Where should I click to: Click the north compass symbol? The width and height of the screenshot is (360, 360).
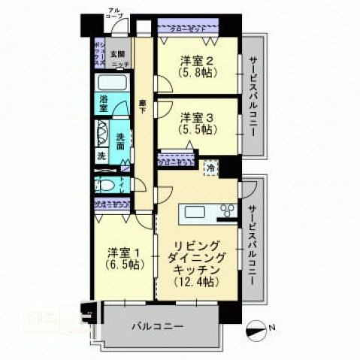pos(256,328)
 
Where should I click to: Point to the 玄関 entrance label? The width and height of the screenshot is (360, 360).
pos(117,54)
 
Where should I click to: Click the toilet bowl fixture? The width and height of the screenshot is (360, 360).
pos(104,186)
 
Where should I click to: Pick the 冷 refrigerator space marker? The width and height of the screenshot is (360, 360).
pos(213,168)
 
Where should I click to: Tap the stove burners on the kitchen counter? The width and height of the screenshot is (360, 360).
pos(225,212)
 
